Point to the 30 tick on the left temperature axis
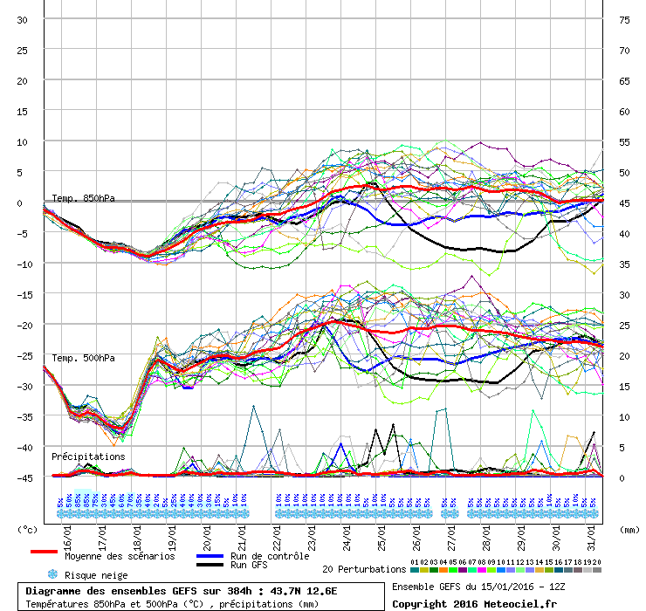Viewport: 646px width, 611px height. point(23,19)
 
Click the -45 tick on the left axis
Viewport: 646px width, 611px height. point(23,477)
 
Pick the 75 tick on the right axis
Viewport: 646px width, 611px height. point(624,19)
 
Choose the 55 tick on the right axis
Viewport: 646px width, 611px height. point(624,141)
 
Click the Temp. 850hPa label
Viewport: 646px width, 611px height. point(83,198)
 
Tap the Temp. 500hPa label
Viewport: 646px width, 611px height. point(83,358)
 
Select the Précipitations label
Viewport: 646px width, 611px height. point(87,457)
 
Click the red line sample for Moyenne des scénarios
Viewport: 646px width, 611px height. point(44,552)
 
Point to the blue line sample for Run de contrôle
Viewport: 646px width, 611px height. point(210,556)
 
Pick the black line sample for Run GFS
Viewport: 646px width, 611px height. point(210,566)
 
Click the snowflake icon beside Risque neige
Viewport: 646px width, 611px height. point(52,574)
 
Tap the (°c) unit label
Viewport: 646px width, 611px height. point(28,529)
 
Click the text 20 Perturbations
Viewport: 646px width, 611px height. point(364,569)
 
